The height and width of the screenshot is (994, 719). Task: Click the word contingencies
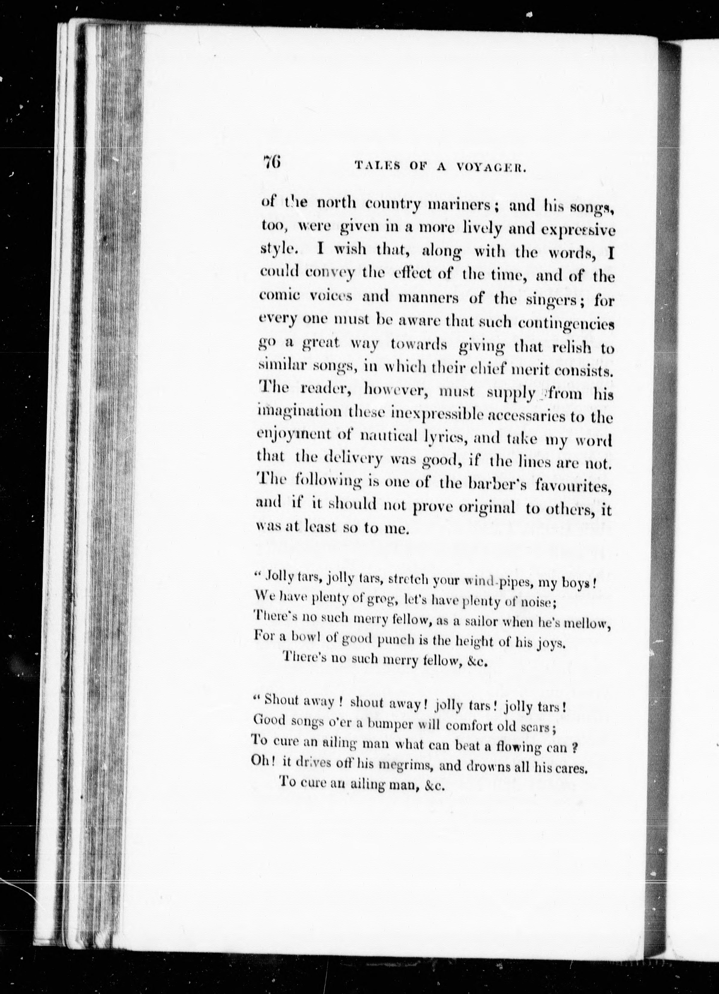click(566, 324)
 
